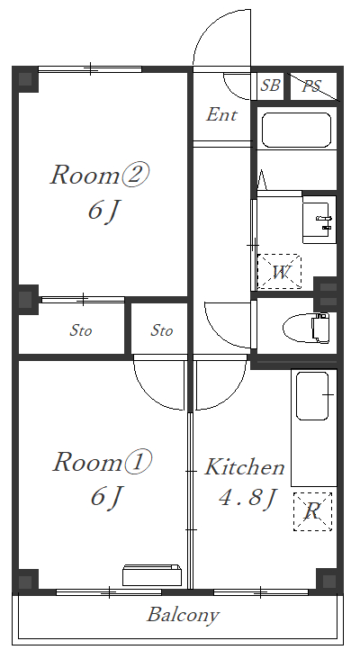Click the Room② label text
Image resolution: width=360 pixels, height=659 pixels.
click(98, 175)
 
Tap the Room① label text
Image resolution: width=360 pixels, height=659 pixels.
click(101, 463)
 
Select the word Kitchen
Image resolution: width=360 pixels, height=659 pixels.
click(245, 467)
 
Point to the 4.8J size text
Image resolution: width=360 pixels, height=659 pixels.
click(246, 498)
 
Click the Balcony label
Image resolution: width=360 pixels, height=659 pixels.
click(183, 616)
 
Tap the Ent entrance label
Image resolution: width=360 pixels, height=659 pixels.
click(221, 115)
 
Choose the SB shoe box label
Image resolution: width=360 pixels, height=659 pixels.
click(270, 86)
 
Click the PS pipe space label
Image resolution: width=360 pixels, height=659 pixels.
click(311, 86)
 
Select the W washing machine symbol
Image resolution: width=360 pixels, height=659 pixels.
click(279, 272)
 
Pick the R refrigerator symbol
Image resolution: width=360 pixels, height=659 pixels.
click(312, 511)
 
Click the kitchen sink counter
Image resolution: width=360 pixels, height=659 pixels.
click(313, 396)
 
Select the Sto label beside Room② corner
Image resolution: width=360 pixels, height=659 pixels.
click(81, 330)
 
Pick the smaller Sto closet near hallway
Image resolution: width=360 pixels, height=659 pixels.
click(161, 330)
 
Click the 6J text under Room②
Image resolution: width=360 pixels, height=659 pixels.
click(103, 211)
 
